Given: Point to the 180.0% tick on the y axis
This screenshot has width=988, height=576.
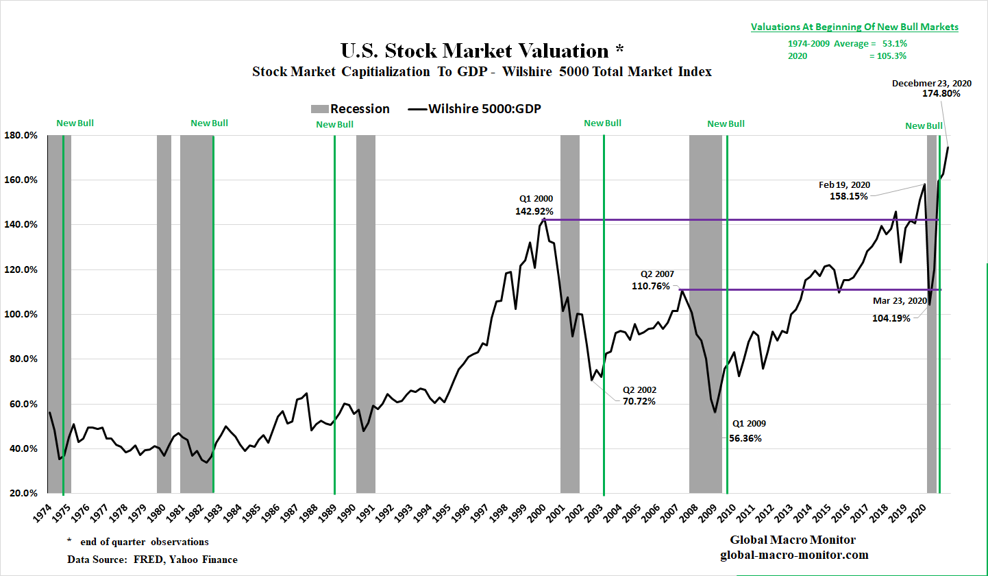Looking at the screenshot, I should click(x=22, y=135).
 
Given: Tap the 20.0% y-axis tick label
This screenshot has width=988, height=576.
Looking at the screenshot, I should click(x=23, y=494).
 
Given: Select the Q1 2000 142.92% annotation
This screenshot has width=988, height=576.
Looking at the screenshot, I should click(x=534, y=206).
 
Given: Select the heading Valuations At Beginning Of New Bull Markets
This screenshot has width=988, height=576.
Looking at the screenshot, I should click(x=854, y=27).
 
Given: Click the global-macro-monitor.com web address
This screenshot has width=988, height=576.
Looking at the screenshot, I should click(x=794, y=555).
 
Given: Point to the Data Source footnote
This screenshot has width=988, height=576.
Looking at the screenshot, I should click(x=152, y=560).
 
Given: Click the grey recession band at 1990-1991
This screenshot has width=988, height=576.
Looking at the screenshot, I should click(x=366, y=309).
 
